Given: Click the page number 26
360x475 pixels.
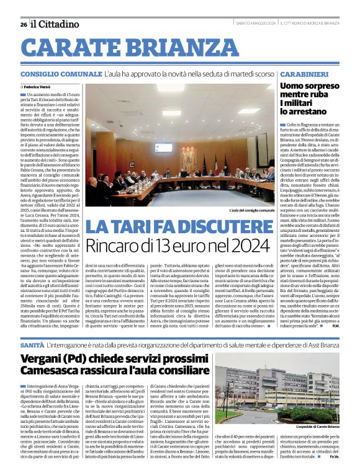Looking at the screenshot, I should tap(23, 24).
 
